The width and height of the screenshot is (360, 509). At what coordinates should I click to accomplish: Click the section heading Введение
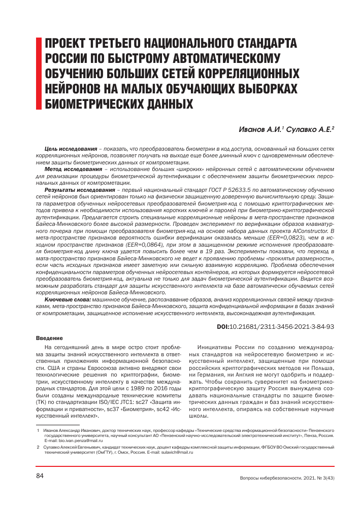click(49, 338)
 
